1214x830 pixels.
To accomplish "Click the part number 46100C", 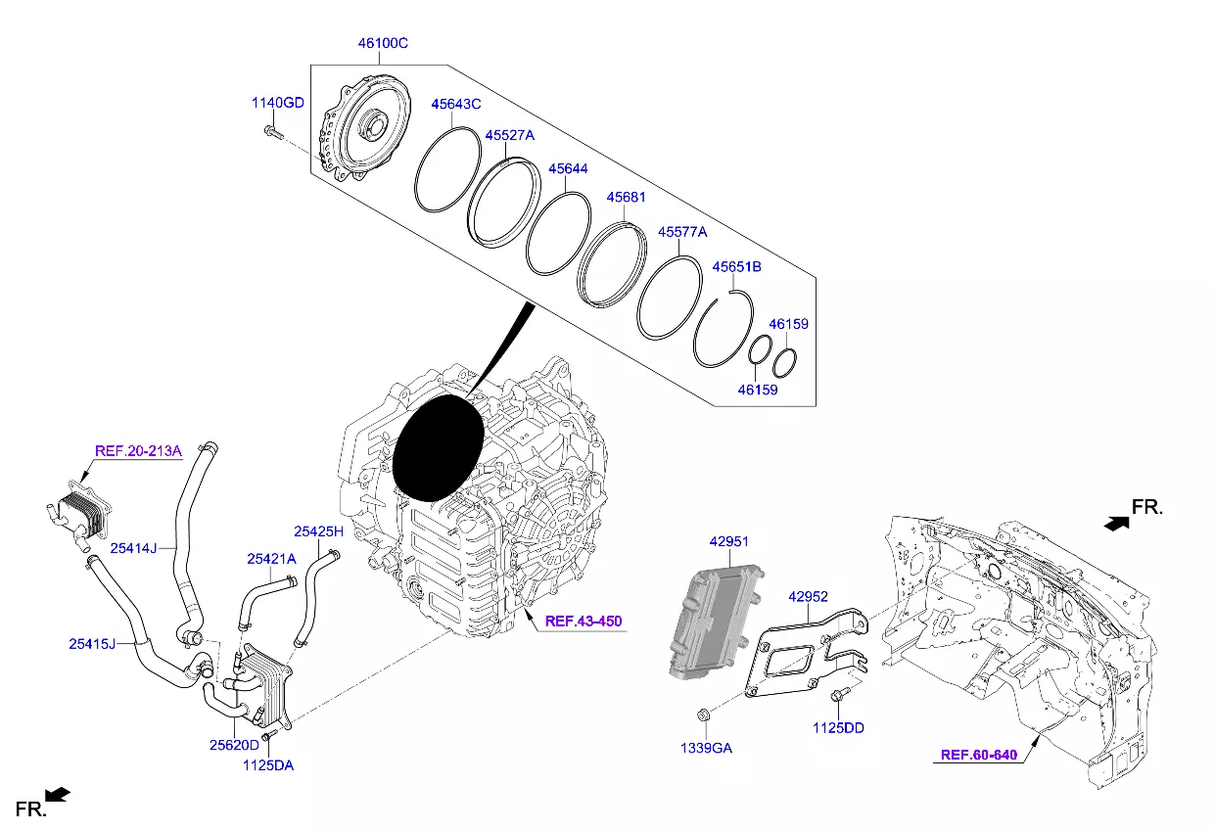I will [x=382, y=44].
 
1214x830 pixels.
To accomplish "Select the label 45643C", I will [x=455, y=104].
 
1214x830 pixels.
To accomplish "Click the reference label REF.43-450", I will [x=584, y=621].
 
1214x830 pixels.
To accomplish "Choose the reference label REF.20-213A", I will [x=138, y=451].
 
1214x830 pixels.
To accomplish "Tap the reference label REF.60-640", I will [x=979, y=755].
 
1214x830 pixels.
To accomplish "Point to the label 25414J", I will [x=133, y=548].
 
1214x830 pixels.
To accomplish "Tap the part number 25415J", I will [x=92, y=643].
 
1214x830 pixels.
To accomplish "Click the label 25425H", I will [x=319, y=531].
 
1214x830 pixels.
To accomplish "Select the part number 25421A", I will [x=271, y=559].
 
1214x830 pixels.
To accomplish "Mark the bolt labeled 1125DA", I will [x=270, y=734].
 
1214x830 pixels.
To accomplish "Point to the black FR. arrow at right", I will [x=1114, y=524].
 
